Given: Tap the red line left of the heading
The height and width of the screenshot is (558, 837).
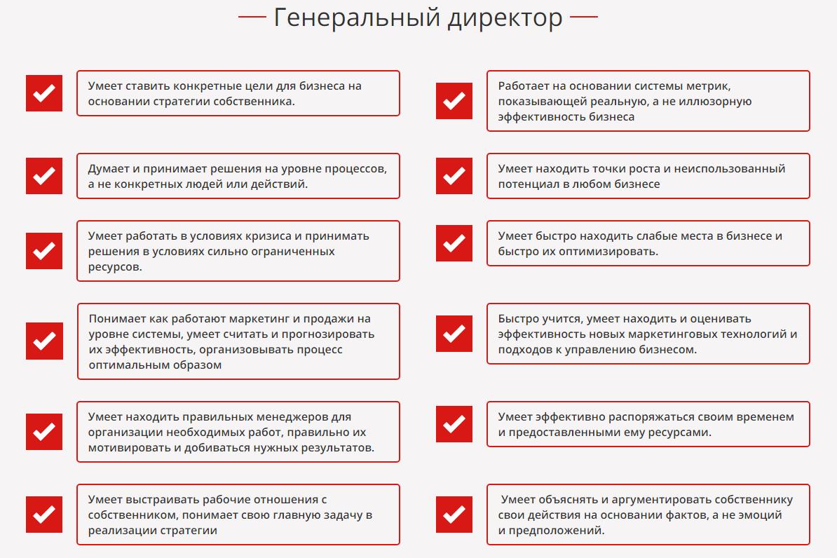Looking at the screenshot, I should (x=252, y=17).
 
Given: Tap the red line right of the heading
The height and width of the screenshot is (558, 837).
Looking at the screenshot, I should (x=584, y=17).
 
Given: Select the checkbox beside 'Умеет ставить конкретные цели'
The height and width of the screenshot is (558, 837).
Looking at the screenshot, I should (x=44, y=93).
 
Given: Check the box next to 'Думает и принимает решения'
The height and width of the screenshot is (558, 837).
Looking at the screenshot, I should (x=44, y=176).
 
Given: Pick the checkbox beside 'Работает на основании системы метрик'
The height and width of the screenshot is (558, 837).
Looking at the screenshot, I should (x=454, y=101).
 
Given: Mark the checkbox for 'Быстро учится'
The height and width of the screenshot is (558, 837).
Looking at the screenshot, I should (x=454, y=334).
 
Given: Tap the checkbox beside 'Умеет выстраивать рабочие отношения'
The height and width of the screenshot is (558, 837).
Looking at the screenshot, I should (x=44, y=515).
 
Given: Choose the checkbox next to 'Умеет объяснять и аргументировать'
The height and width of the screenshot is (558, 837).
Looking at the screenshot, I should (x=454, y=515).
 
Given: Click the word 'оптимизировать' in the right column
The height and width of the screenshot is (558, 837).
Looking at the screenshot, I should (x=615, y=251).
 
